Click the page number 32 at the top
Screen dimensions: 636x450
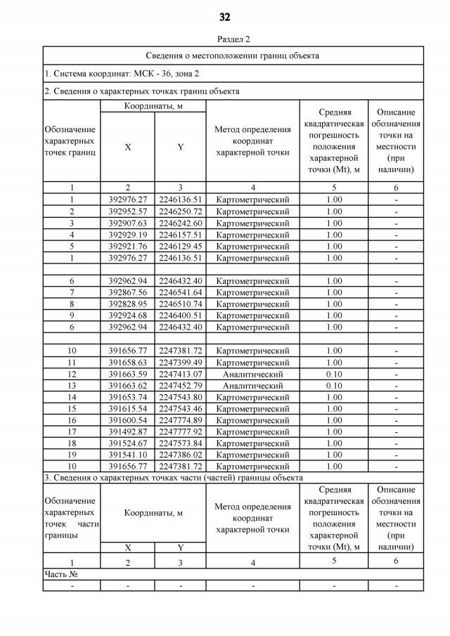(225, 17)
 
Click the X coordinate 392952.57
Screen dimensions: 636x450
(127, 212)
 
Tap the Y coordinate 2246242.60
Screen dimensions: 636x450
(180, 223)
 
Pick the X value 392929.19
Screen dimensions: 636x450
(127, 235)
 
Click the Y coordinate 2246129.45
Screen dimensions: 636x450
(180, 247)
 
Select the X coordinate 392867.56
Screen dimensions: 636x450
(127, 292)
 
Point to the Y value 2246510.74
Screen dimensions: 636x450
(180, 304)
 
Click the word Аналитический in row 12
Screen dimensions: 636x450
(252, 374)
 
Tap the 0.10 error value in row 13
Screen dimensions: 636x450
(334, 386)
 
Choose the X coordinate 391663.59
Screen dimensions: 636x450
(127, 374)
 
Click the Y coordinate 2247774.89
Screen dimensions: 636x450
(180, 420)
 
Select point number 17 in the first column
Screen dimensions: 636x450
(71, 431)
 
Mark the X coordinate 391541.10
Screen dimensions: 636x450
(127, 455)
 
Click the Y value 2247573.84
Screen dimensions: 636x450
(180, 443)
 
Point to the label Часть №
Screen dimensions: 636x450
(61, 574)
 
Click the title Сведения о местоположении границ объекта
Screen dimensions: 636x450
(233, 55)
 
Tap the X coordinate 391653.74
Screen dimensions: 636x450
(127, 397)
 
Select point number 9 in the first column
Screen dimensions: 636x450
(71, 316)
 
